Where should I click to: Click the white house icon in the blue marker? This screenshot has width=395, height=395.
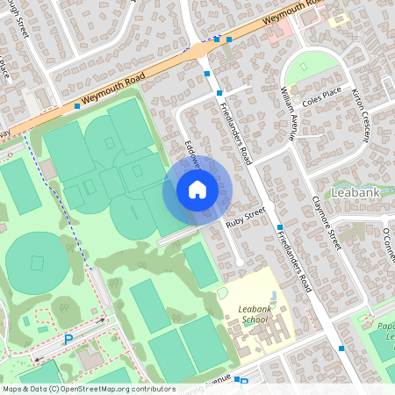pyautogui.click(x=197, y=189)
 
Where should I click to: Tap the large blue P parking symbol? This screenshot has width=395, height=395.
pyautogui.click(x=68, y=340)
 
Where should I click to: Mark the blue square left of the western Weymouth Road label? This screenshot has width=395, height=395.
pyautogui.click(x=77, y=105)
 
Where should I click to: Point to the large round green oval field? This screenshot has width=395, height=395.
pyautogui.click(x=37, y=262)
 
